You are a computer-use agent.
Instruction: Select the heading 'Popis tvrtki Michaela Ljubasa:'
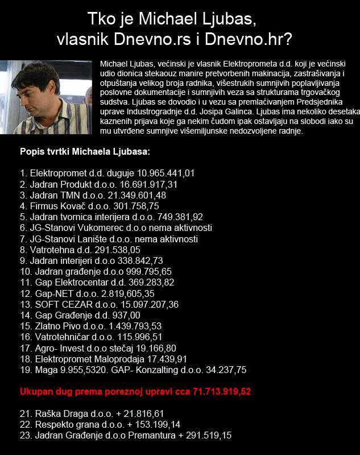coord(85,153)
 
